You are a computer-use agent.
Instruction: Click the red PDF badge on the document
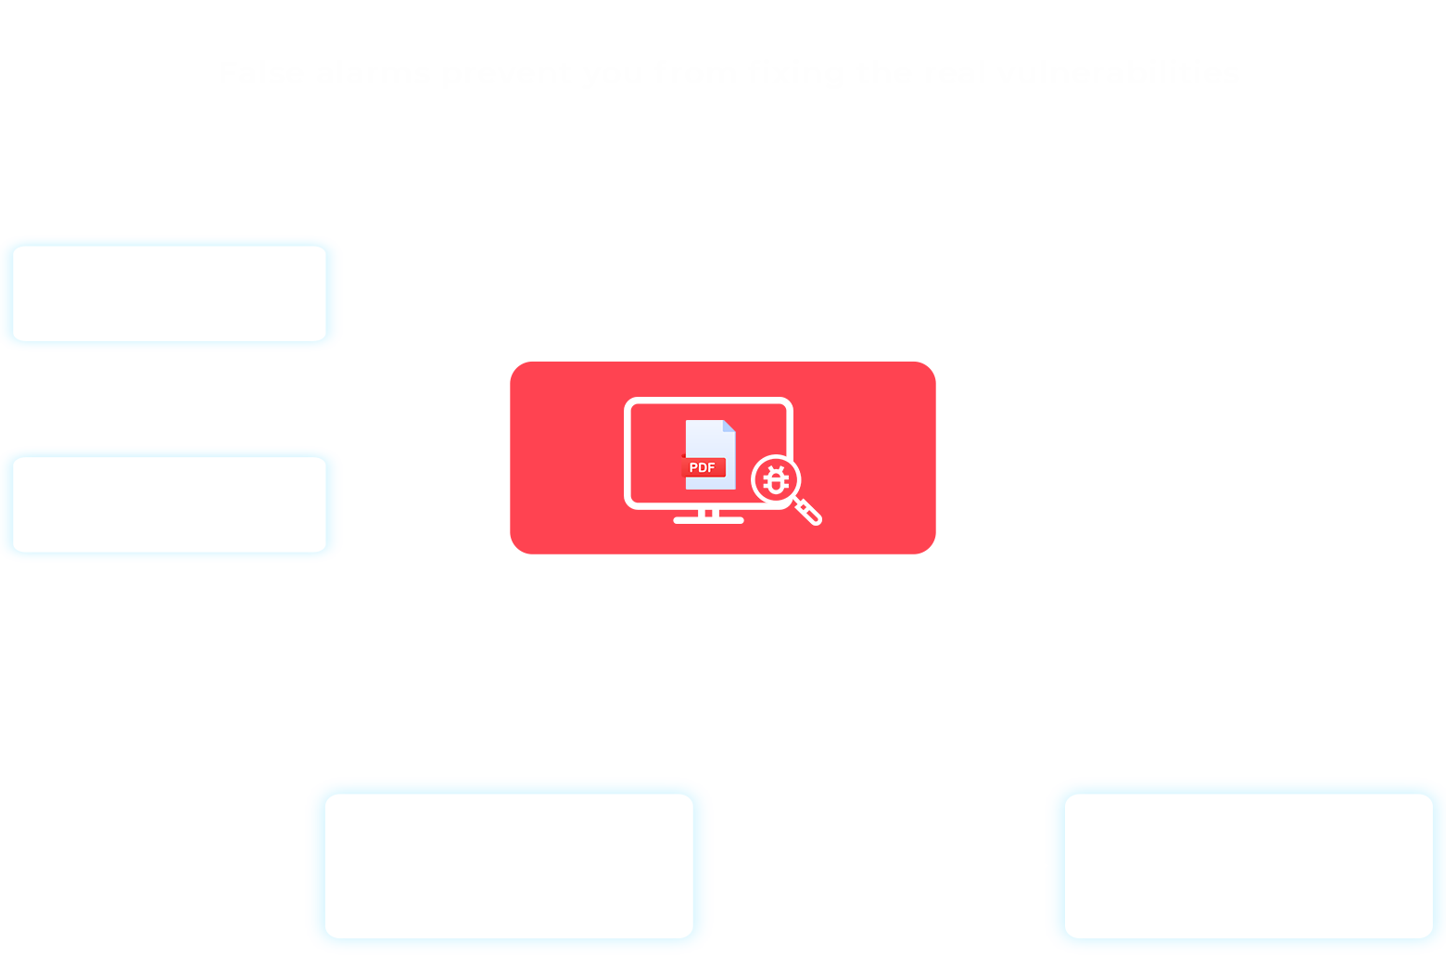[703, 467]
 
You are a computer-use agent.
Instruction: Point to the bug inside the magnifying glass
[776, 479]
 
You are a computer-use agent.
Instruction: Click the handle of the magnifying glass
[808, 511]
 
